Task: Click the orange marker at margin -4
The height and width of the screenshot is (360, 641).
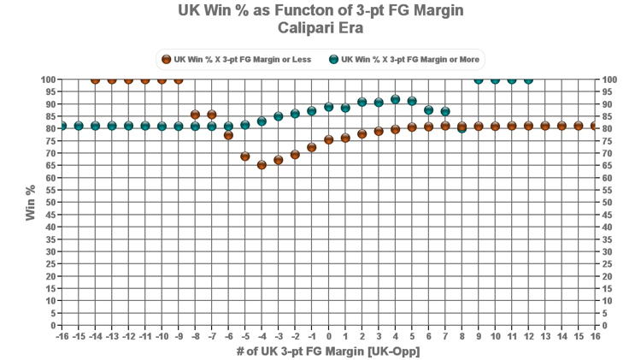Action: [262, 164]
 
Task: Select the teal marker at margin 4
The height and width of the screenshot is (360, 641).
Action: [395, 99]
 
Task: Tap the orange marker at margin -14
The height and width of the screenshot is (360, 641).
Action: [95, 80]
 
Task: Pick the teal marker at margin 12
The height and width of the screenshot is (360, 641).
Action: [528, 80]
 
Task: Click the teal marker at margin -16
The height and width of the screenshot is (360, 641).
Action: [62, 126]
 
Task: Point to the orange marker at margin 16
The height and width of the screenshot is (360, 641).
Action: [595, 126]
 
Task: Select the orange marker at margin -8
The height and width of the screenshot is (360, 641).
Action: [195, 115]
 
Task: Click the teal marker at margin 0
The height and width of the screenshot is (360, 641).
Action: [328, 107]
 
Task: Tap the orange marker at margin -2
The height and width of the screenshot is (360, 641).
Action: [295, 155]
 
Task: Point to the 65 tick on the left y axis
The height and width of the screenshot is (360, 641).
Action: [50, 166]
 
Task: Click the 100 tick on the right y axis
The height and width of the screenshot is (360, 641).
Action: [609, 80]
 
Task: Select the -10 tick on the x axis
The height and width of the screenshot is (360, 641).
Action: [162, 337]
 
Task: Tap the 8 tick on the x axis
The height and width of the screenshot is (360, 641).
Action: [462, 337]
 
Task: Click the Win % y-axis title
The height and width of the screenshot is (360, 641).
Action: [31, 203]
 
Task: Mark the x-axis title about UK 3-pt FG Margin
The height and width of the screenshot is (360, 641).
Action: [328, 351]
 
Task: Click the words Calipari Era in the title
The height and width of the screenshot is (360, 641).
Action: [320, 27]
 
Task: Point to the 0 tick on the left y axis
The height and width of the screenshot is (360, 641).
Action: [53, 326]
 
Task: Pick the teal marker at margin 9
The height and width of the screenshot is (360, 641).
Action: [478, 80]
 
